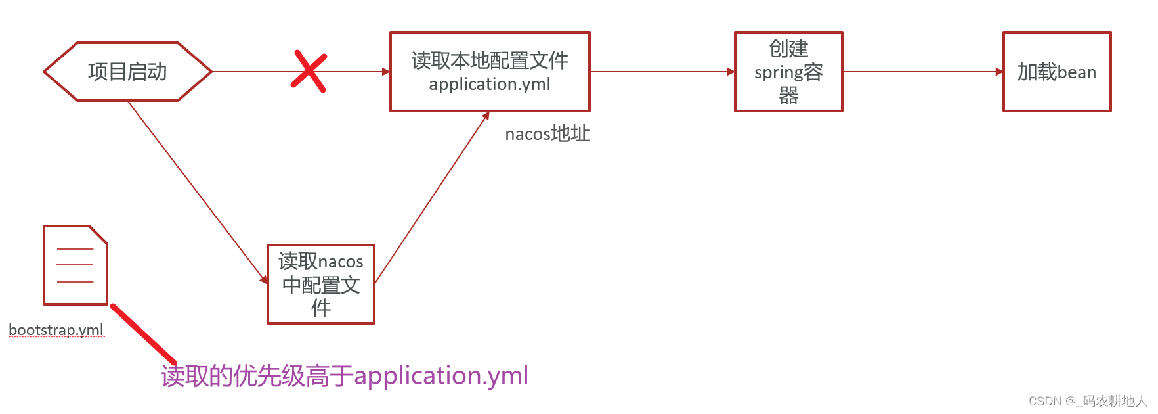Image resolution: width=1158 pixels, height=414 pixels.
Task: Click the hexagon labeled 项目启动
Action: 127,72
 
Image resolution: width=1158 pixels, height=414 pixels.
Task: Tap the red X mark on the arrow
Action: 309,71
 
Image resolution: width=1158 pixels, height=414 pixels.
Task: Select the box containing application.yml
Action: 490,72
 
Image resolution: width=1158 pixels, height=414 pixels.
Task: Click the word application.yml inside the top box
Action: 490,85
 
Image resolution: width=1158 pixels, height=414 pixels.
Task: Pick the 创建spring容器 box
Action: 788,72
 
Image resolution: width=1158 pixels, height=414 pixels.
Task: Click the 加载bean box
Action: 1057,72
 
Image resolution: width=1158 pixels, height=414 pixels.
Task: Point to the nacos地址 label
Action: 547,134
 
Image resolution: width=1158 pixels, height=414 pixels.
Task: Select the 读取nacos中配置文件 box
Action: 321,285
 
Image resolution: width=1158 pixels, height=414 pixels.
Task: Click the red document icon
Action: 75,265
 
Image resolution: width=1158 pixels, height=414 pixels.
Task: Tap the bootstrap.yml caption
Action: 56,330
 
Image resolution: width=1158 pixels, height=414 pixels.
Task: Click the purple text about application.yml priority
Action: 345,376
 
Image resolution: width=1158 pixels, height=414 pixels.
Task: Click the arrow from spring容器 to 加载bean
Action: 922,72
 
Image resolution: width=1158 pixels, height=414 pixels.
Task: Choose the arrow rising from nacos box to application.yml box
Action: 431,197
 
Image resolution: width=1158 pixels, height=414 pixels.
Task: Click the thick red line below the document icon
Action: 143,334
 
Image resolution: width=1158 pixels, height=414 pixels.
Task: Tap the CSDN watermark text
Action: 1087,401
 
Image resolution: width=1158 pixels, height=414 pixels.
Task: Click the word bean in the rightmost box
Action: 1077,72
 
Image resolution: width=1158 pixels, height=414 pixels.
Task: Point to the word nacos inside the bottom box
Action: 341,262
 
